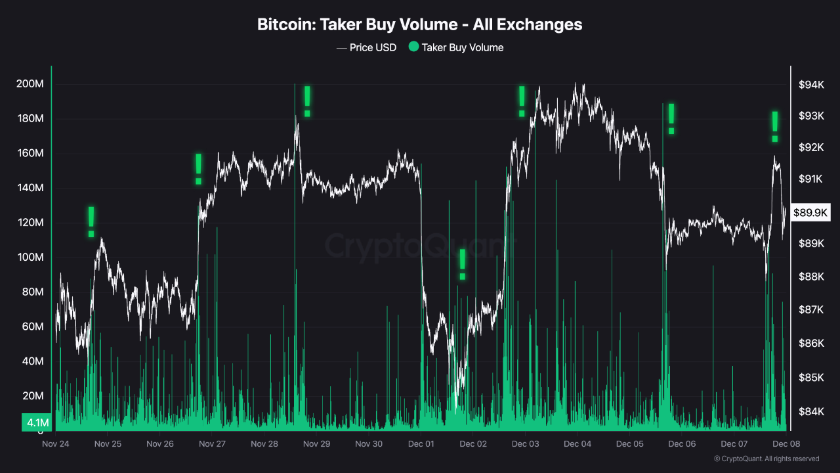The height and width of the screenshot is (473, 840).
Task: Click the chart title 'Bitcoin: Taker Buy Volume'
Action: (x=419, y=24)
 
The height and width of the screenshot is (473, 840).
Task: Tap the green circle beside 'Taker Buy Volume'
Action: (x=413, y=47)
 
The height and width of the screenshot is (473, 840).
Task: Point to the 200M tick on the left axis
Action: (x=30, y=84)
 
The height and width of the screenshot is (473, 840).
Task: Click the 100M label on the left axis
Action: (x=30, y=258)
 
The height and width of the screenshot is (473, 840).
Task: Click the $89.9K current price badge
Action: (x=811, y=212)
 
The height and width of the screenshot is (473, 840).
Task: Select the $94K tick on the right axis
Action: (x=811, y=84)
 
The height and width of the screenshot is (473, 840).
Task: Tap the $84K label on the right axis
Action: (x=811, y=412)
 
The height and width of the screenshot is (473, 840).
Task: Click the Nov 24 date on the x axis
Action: (x=55, y=443)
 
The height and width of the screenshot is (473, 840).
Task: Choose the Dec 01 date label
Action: (x=421, y=443)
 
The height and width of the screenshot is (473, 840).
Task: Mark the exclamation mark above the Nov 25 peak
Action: (x=91, y=221)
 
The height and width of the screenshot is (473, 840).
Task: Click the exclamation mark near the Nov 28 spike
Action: (x=306, y=101)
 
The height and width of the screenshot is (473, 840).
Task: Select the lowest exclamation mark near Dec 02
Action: (x=463, y=264)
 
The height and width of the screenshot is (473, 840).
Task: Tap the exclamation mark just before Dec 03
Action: (x=522, y=101)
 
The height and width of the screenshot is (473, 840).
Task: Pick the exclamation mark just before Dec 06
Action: (x=671, y=119)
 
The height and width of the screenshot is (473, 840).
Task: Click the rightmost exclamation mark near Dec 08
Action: (x=775, y=127)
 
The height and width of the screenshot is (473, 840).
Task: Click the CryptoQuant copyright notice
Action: (x=766, y=459)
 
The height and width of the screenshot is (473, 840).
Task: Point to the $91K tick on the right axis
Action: (x=811, y=179)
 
